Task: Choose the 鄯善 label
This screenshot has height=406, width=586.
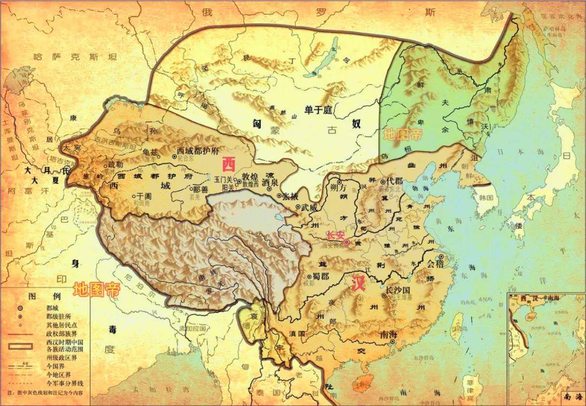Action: (x=200, y=189)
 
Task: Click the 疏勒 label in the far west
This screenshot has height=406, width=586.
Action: (x=116, y=164)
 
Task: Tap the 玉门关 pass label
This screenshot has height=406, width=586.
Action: (x=224, y=179)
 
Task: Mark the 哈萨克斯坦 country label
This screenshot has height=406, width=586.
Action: (x=75, y=56)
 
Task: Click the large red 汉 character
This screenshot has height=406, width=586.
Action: (x=358, y=284)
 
